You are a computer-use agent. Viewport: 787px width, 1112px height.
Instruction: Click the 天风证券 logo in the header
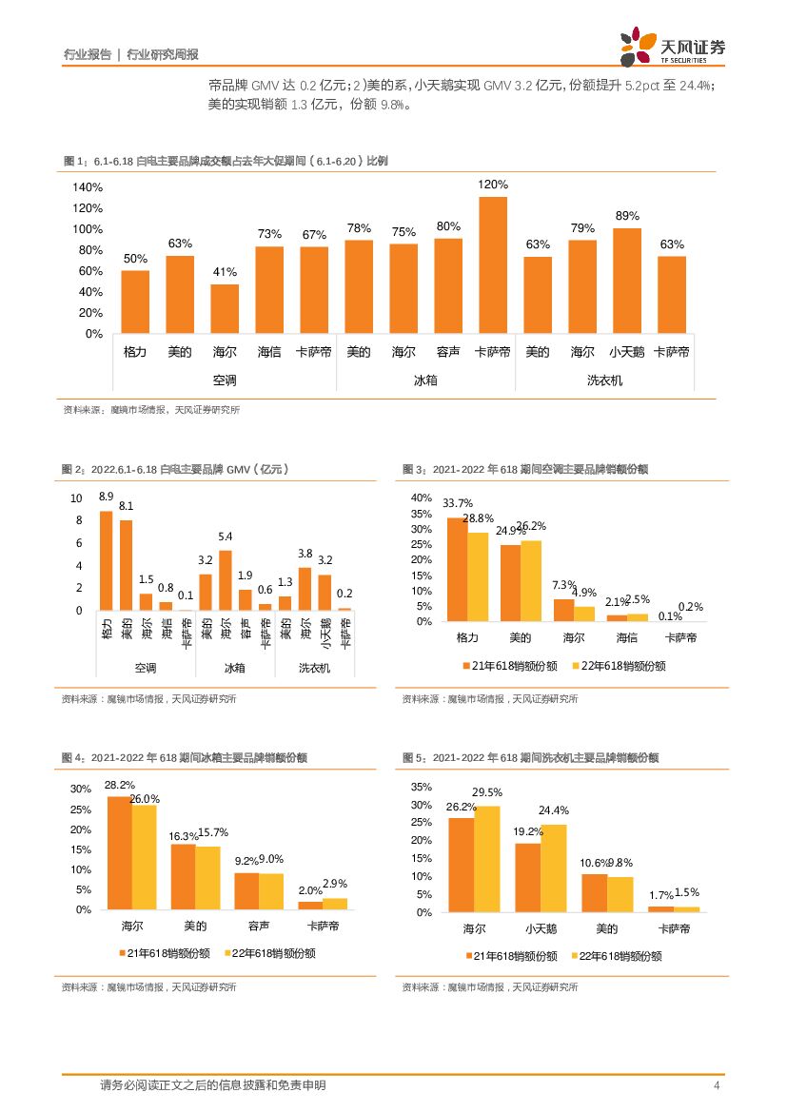672,46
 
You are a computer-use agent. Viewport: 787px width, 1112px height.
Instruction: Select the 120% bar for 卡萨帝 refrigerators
492,264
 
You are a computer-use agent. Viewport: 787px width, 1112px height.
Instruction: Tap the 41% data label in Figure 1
225,272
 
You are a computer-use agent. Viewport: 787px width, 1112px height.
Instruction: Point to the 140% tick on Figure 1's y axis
89,187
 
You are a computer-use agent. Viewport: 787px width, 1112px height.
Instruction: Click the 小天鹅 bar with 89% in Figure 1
626,281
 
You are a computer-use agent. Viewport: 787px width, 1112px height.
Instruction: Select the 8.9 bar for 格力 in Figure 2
106,560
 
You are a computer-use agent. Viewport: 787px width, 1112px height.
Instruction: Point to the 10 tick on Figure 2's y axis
76,498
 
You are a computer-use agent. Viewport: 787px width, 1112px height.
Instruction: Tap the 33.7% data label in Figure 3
458,503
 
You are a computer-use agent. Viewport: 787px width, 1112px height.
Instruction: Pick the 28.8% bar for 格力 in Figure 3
477,576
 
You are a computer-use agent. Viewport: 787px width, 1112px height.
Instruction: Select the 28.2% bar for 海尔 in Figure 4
119,853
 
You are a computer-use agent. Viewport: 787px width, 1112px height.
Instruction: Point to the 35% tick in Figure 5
421,788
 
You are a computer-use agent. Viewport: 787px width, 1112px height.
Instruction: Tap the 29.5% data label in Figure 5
487,792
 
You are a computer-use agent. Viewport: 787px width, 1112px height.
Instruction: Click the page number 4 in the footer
717,1085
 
